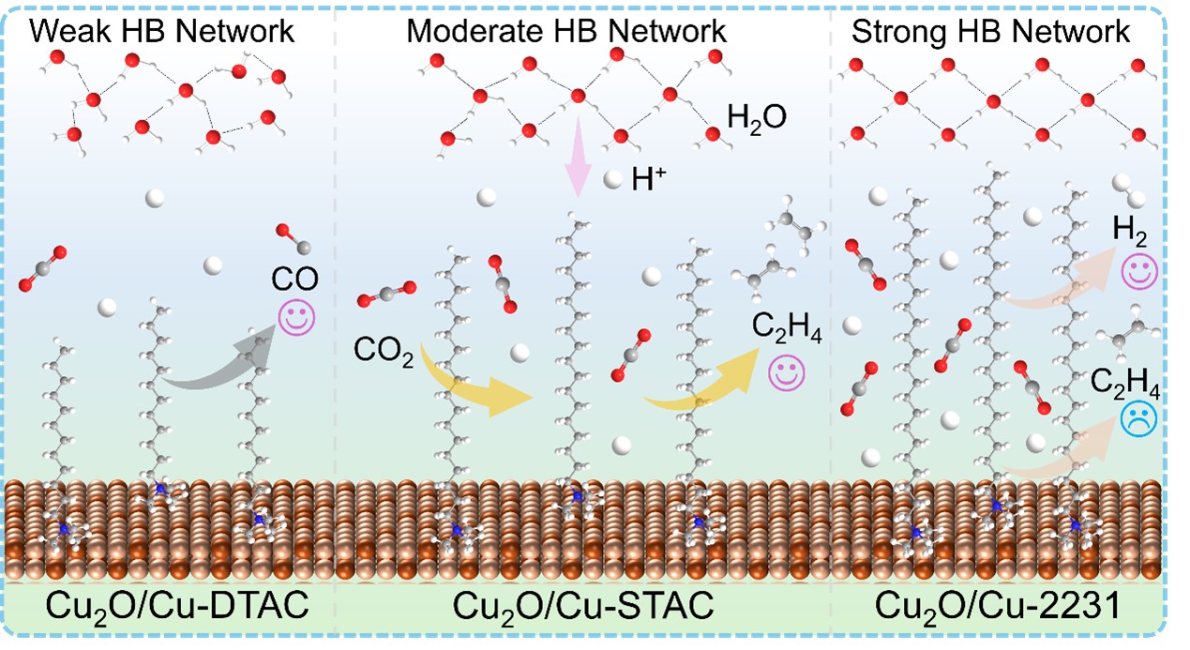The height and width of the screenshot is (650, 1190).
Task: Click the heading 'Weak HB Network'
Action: [163, 31]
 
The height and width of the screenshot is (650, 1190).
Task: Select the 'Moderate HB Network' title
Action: [565, 31]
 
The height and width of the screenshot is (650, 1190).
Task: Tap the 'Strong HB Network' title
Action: [990, 31]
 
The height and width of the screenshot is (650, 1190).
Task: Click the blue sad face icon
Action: [1137, 418]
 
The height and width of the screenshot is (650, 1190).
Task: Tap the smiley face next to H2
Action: [1139, 272]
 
